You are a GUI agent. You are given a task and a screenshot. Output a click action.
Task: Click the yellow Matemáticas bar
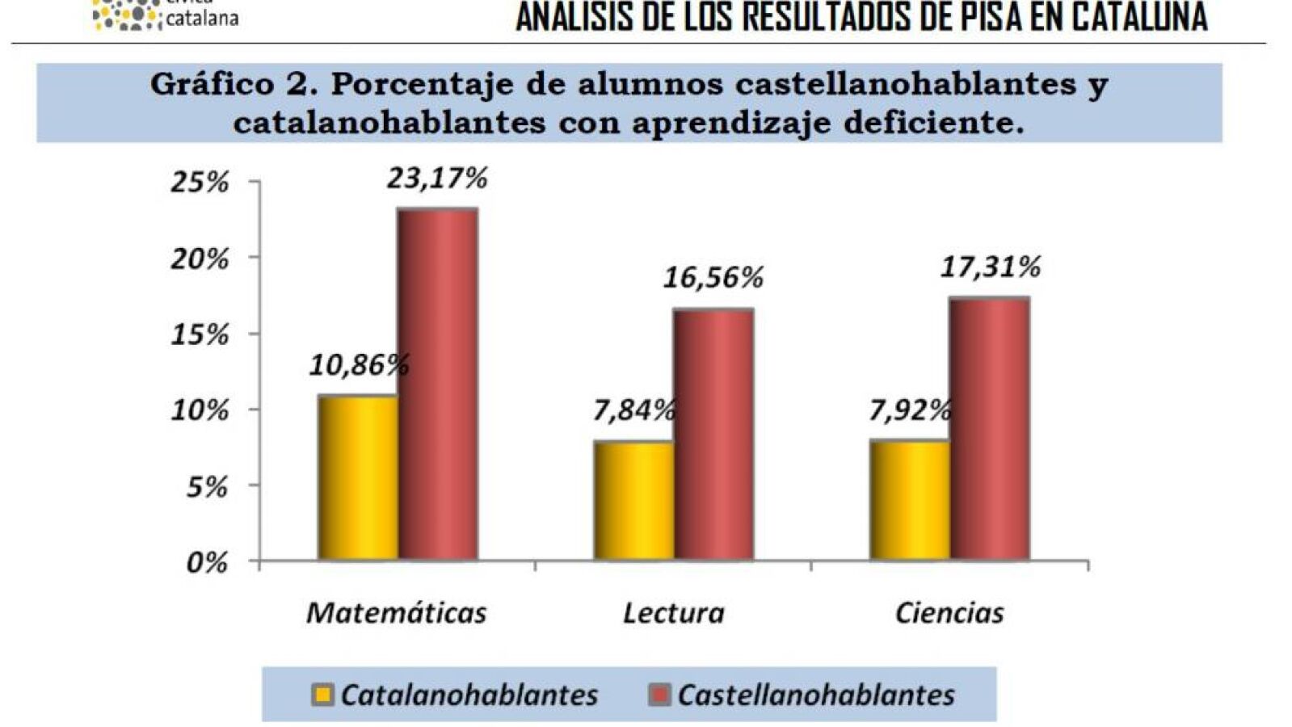[x=358, y=477]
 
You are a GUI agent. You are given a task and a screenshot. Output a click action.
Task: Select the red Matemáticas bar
[x=439, y=384]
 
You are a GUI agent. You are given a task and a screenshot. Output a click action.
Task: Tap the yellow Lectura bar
[x=634, y=501]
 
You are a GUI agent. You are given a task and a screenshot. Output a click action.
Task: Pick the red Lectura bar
[x=714, y=434]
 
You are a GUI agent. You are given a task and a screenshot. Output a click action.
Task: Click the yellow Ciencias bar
[x=910, y=500]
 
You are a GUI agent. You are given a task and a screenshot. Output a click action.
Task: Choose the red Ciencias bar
[x=991, y=428]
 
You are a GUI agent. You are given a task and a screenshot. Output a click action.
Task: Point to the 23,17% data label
[x=437, y=179]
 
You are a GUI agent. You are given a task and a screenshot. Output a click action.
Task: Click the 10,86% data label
[x=360, y=365]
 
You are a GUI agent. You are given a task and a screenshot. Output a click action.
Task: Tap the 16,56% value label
[x=713, y=277]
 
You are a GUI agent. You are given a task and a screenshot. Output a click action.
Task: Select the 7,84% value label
[x=634, y=410]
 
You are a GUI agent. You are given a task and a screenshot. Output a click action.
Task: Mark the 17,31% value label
[x=991, y=267]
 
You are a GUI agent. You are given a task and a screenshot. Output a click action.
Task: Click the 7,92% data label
[x=910, y=410]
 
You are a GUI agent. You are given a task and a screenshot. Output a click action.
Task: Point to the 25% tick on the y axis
[x=200, y=183]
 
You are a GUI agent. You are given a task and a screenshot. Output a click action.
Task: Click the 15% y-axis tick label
[x=200, y=335]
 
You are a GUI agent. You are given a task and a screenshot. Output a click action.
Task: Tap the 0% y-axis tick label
[x=207, y=563]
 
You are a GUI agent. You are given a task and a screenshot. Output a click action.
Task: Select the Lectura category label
[x=674, y=613]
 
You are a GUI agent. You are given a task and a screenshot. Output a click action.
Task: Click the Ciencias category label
[x=949, y=613]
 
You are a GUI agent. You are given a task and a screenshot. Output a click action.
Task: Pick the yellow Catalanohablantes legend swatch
[x=322, y=695]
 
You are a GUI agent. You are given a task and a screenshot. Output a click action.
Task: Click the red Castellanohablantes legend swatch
[x=660, y=695]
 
